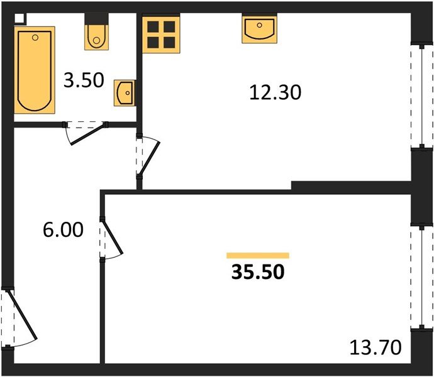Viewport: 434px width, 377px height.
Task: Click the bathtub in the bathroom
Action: point(35,69)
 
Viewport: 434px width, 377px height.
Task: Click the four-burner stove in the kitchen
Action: point(160,35)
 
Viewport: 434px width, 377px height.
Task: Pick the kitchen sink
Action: point(259,30)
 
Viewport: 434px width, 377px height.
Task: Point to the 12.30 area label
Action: point(275,93)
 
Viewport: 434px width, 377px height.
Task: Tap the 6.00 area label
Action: point(63,230)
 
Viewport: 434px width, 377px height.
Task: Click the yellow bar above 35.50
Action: point(257,255)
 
